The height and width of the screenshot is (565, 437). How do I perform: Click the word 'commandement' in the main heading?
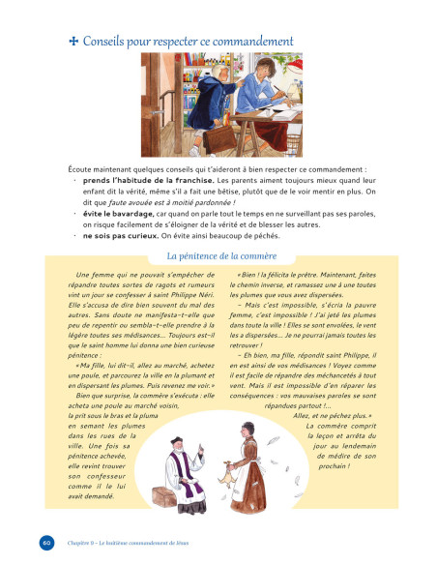pyautogui.click(x=249, y=42)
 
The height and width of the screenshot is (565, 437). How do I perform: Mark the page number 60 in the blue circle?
pyautogui.click(x=46, y=540)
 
